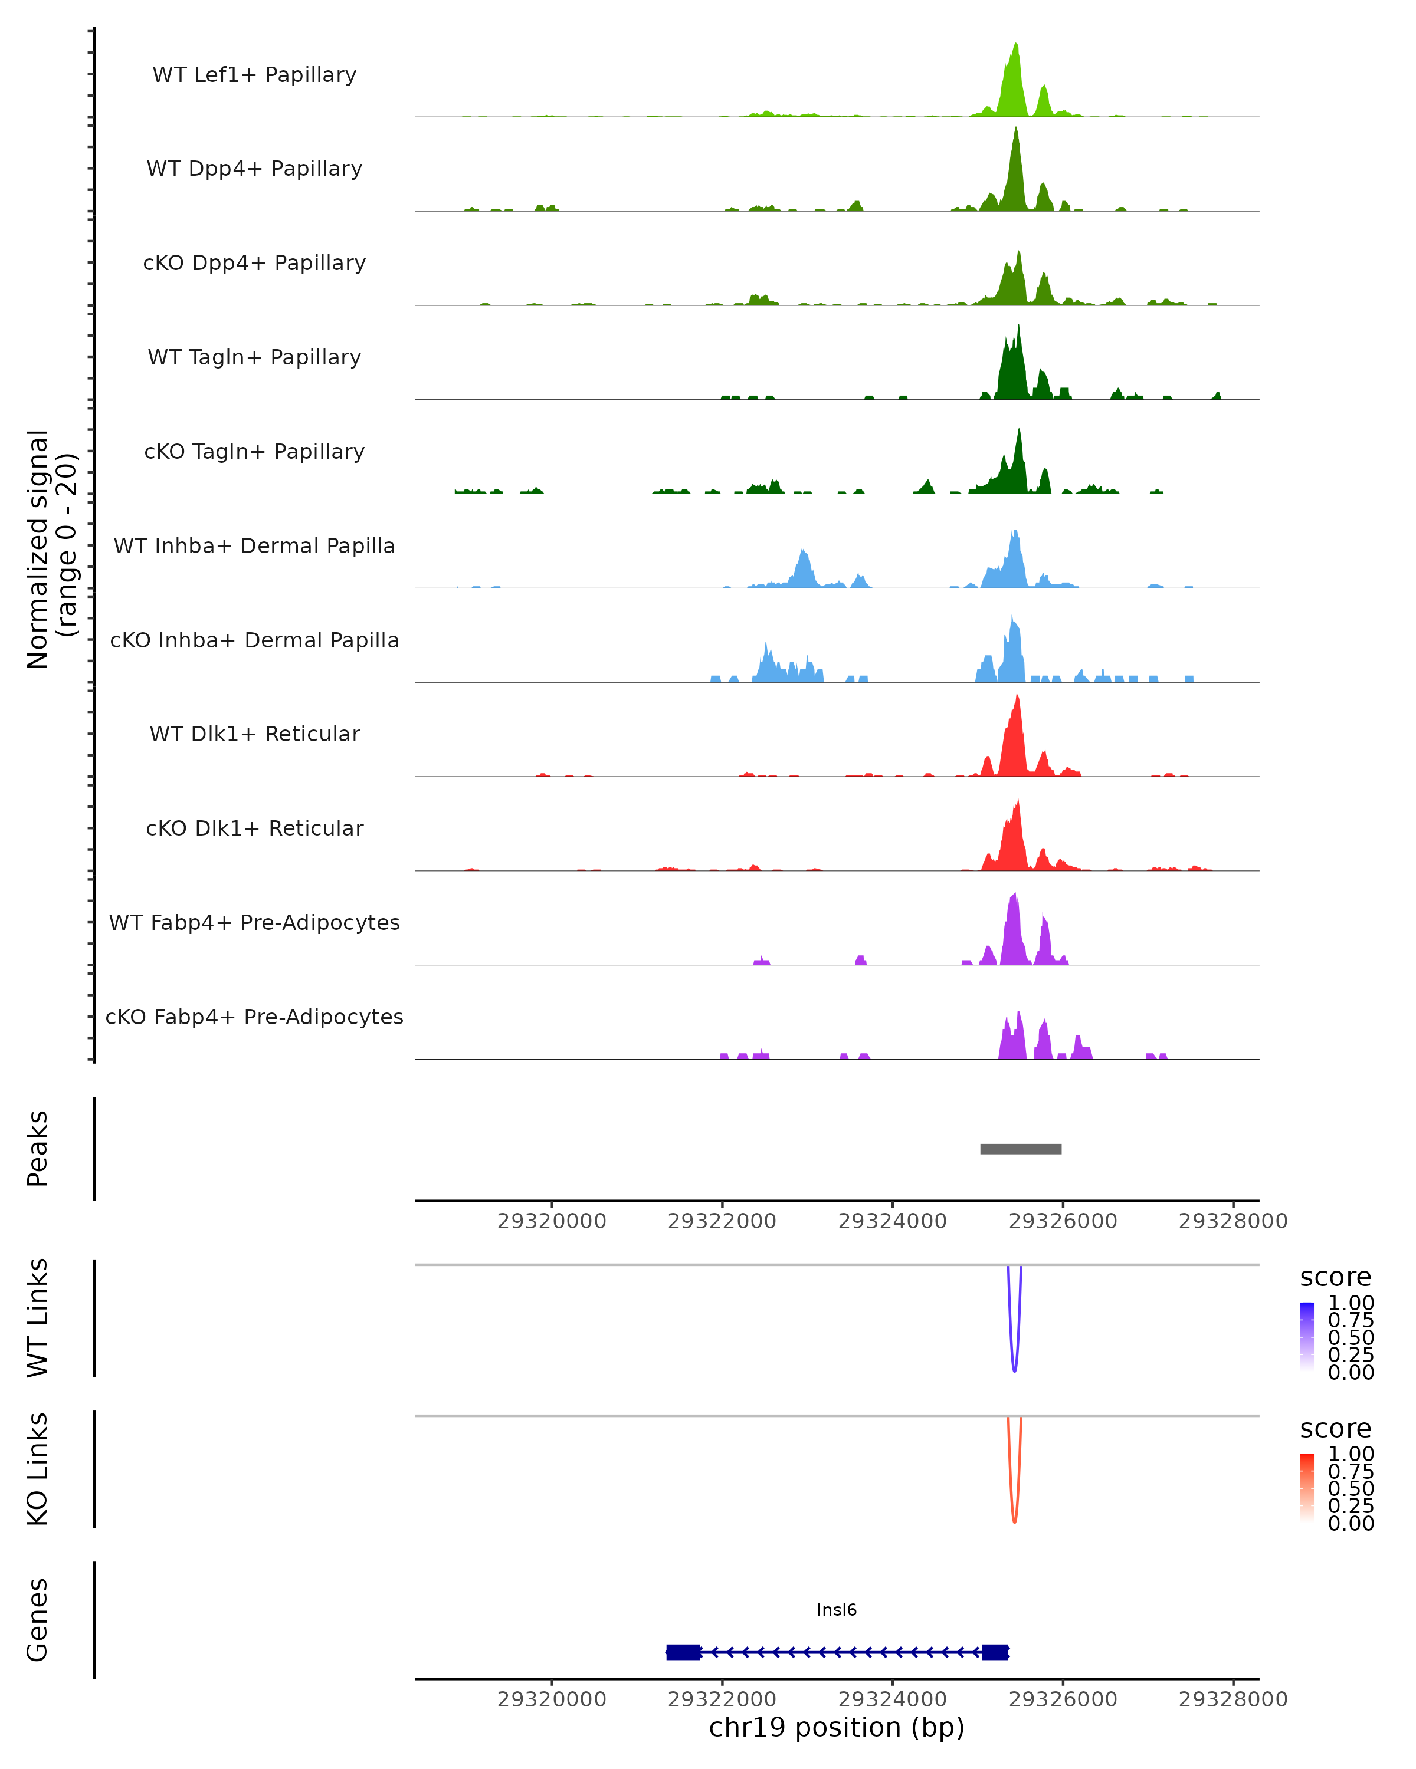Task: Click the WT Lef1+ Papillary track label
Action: pos(254,75)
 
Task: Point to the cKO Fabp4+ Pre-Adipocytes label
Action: pos(254,1017)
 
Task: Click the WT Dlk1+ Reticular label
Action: pos(254,734)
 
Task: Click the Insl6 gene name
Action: pos(837,1610)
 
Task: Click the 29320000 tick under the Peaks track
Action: pos(552,1221)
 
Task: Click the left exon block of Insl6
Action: pos(683,1652)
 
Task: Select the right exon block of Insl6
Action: pos(995,1652)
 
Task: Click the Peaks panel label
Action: pos(38,1149)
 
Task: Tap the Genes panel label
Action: pos(38,1620)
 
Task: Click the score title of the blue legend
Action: pos(1336,1278)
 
